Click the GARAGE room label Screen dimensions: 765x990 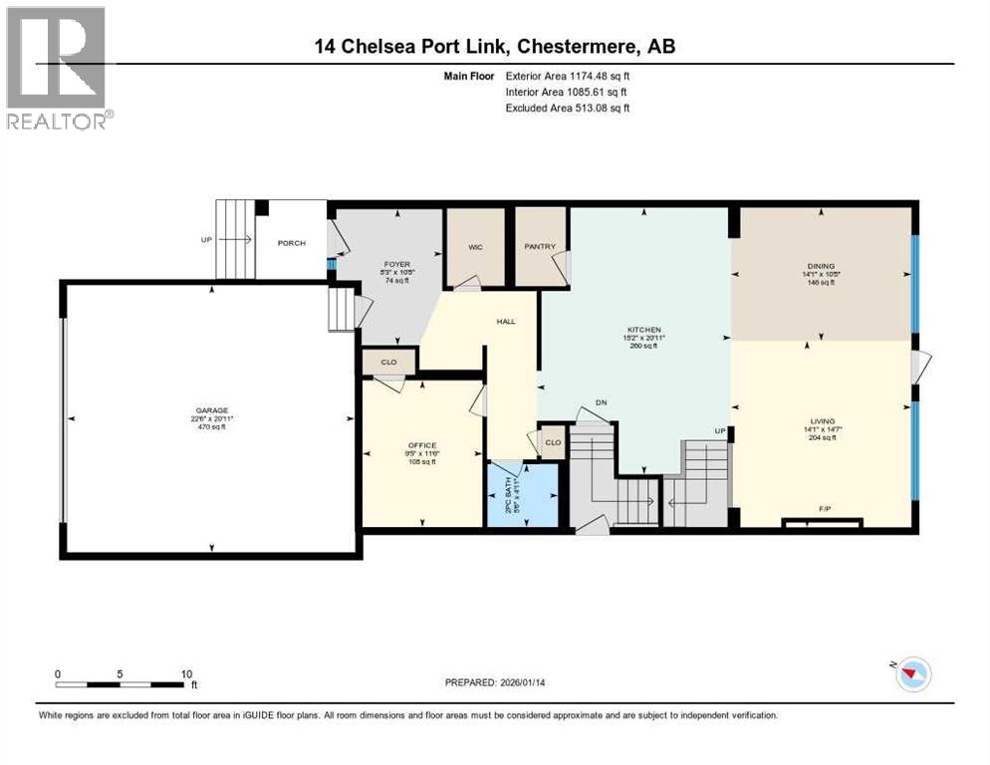point(211,410)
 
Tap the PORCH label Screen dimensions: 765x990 point(292,244)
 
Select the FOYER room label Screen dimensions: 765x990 point(397,264)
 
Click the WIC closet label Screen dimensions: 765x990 point(475,247)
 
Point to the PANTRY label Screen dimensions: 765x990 point(541,247)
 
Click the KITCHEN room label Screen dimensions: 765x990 point(644,330)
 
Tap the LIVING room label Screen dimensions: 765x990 point(823,421)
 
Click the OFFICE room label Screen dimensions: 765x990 point(422,445)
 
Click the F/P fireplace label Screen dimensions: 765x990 point(825,509)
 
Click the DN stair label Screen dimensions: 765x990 point(601,402)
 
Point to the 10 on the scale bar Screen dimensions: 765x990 point(186,674)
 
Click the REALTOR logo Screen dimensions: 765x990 point(57,69)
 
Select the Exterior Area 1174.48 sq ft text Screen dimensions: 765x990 point(568,76)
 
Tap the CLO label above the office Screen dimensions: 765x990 point(388,363)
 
